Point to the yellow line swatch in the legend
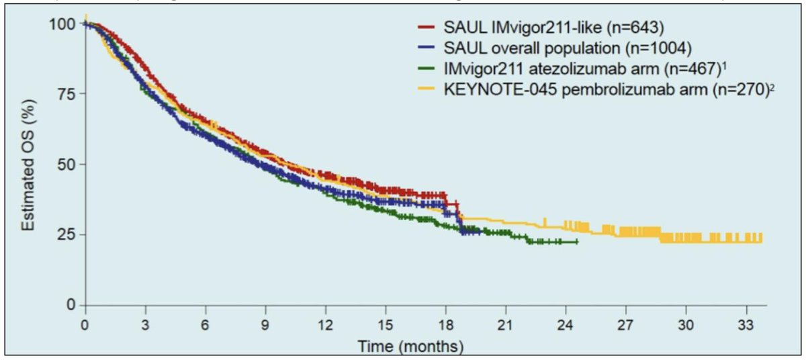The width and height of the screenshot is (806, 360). click(x=427, y=88)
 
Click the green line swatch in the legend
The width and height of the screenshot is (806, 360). click(x=427, y=68)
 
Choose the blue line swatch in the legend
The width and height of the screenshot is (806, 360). click(x=427, y=48)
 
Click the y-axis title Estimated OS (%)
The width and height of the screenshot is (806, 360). click(x=28, y=164)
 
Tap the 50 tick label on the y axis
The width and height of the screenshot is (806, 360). click(x=64, y=164)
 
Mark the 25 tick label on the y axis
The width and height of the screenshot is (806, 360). click(x=64, y=234)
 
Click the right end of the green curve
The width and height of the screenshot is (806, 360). click(x=576, y=242)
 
